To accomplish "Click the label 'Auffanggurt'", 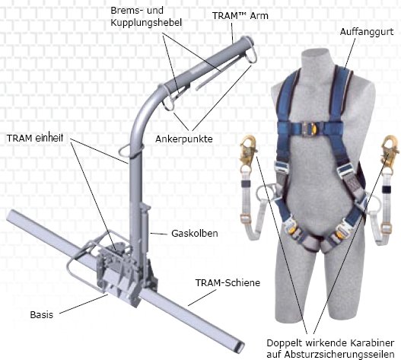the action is tap(367, 33).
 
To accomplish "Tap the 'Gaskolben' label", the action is tap(195, 234).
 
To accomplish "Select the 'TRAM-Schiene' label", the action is tap(228, 282).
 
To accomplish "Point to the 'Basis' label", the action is tap(41, 314).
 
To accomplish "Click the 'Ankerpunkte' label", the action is tap(184, 139).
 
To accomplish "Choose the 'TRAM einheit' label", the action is tap(35, 139).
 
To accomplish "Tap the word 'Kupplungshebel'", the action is tap(146, 23).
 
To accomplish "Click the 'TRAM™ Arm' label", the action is tap(240, 16).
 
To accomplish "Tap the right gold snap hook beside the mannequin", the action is tap(389, 150).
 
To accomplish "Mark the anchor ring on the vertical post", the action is tap(130, 151).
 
